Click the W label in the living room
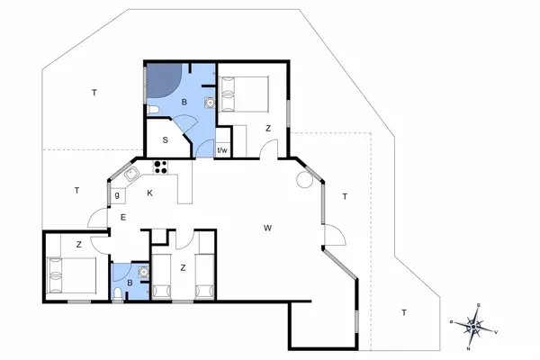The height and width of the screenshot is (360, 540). [x=267, y=227]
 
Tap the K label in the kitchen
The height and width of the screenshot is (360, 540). [x=150, y=193]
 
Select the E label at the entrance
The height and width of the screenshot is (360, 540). [x=123, y=218]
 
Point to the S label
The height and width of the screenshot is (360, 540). [x=166, y=139]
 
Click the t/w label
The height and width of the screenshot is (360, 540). [x=222, y=149]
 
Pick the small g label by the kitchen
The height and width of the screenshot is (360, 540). [x=117, y=193]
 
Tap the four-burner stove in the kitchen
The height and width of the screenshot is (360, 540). [x=163, y=166]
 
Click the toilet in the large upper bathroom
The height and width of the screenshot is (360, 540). [x=155, y=110]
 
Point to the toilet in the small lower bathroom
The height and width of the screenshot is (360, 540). [x=120, y=292]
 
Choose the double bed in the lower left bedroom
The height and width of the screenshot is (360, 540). [x=69, y=273]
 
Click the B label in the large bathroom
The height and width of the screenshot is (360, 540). [x=184, y=103]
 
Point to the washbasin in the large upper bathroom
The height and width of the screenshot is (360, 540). [x=209, y=103]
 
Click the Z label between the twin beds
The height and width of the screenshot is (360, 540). [x=182, y=266]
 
